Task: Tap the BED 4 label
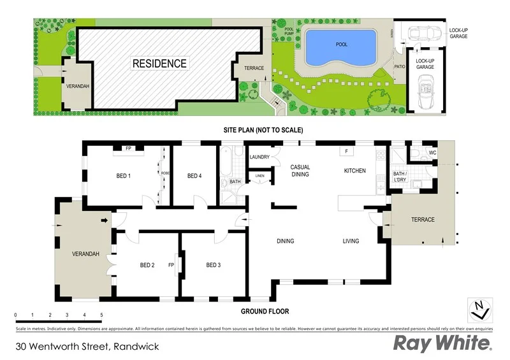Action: click(x=195, y=176)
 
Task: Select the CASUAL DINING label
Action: click(x=300, y=170)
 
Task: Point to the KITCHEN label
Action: click(x=354, y=171)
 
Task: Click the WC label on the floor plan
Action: click(x=432, y=153)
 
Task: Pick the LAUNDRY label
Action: click(x=260, y=157)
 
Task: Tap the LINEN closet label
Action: click(x=259, y=175)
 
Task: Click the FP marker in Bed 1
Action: click(x=128, y=148)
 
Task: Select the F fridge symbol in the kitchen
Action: click(x=346, y=152)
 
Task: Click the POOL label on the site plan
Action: click(x=342, y=45)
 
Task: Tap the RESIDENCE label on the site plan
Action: click(x=159, y=64)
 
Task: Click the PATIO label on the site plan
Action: click(x=400, y=66)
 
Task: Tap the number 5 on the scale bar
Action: click(x=101, y=315)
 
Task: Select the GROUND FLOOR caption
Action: click(x=265, y=312)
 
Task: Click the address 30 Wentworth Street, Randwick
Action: click(x=87, y=347)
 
